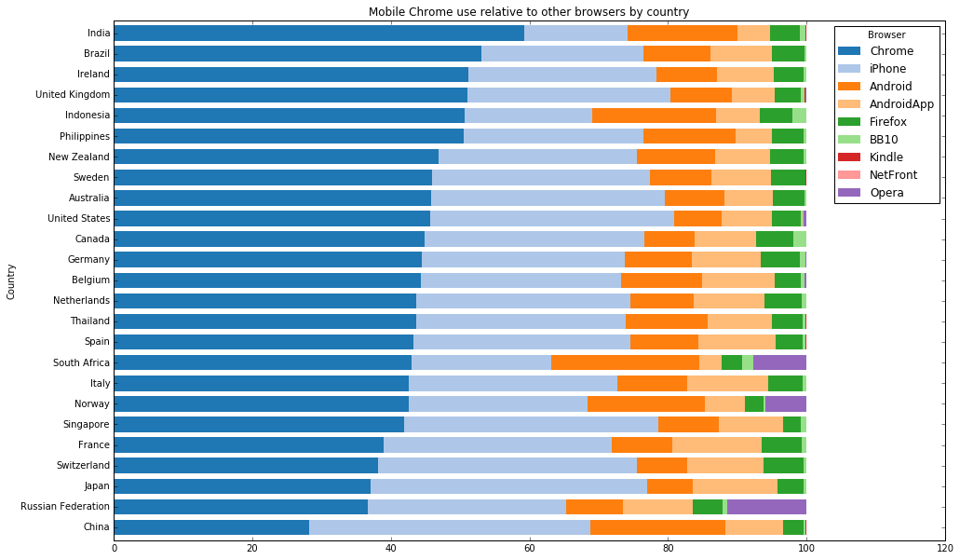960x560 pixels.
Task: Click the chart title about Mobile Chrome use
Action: [x=528, y=11]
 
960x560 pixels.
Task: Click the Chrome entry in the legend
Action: [x=891, y=50]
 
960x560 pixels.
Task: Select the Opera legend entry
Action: [x=886, y=193]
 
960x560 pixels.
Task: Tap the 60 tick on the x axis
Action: [x=530, y=548]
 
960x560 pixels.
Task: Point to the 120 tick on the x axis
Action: [x=945, y=548]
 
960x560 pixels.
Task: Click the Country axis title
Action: [x=11, y=281]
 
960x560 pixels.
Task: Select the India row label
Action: [x=96, y=34]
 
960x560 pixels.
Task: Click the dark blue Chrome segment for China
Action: [x=210, y=527]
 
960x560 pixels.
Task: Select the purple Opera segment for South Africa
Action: [x=779, y=362]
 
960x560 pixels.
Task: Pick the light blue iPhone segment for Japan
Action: [x=508, y=486]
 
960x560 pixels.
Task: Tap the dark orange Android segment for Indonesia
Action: [x=654, y=116]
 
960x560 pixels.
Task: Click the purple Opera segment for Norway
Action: [x=785, y=403]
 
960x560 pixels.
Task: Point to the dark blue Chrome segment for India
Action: [x=318, y=34]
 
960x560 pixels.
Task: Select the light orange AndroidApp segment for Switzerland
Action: [x=725, y=465]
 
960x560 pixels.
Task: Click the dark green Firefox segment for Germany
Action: [x=780, y=259]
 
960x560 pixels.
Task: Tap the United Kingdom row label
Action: [x=73, y=95]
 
